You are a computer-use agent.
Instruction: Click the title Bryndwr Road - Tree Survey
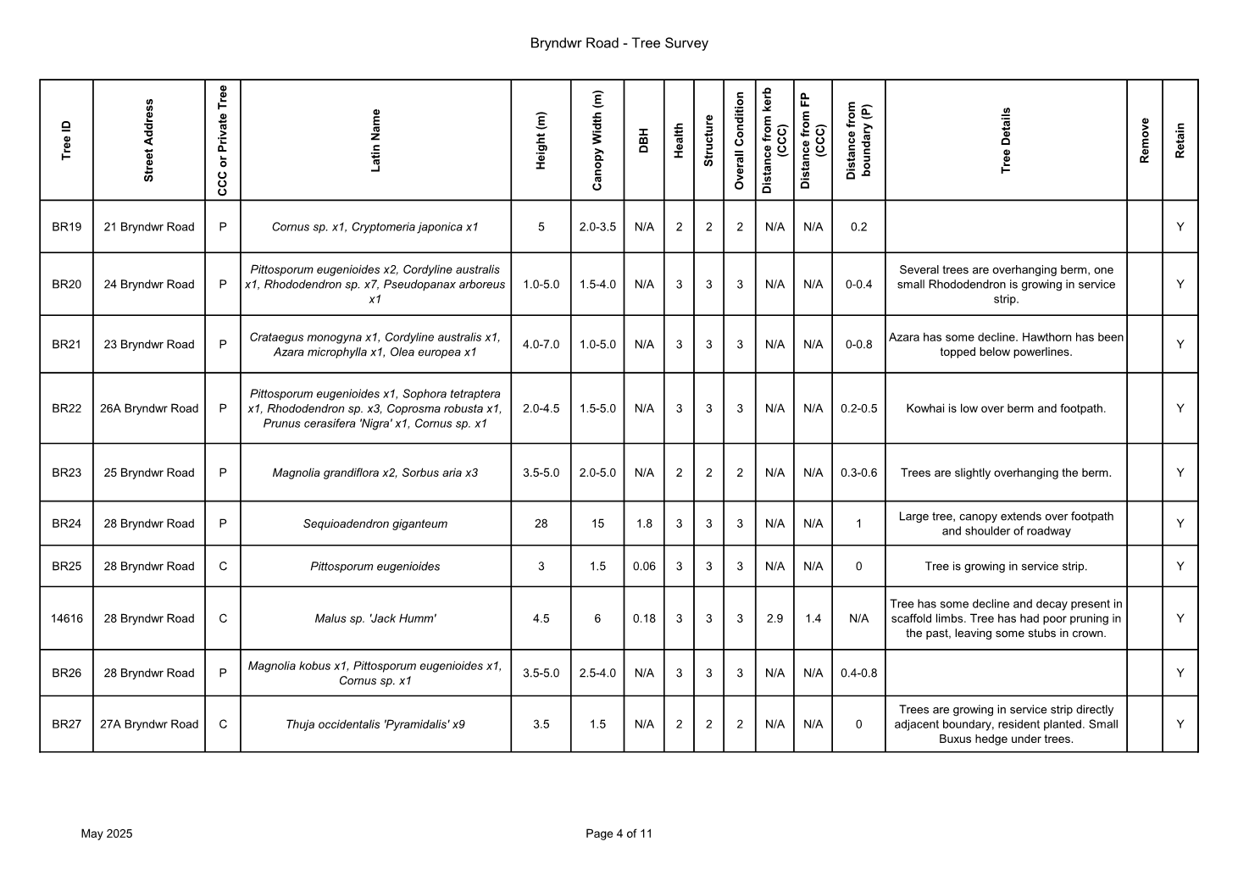coord(619,43)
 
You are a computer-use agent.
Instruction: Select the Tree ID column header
coord(66,140)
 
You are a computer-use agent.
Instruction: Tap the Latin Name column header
coord(375,140)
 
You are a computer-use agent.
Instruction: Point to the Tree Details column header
coord(1006,140)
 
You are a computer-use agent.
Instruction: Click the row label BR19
coord(66,227)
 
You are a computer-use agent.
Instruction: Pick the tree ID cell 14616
coord(66,618)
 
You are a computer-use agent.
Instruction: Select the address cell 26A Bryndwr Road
coord(149,408)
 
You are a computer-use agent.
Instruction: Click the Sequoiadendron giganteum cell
coord(375,523)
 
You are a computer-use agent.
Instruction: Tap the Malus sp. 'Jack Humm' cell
coord(375,618)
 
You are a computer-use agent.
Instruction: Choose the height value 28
coord(541,523)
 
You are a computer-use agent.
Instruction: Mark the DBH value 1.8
coord(644,523)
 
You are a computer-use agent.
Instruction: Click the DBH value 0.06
coord(644,567)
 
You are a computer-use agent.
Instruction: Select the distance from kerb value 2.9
coord(774,618)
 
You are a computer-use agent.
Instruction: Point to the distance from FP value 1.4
coord(813,618)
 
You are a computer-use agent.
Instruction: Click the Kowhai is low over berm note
coord(1006,408)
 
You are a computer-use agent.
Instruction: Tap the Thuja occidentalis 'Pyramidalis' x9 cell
coord(375,724)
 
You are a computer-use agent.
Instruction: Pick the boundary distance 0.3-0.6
coord(858,473)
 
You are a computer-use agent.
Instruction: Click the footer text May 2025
coord(107,833)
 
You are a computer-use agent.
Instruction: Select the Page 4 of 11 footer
coord(619,833)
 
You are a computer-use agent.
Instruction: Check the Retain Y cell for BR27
coord(1180,724)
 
